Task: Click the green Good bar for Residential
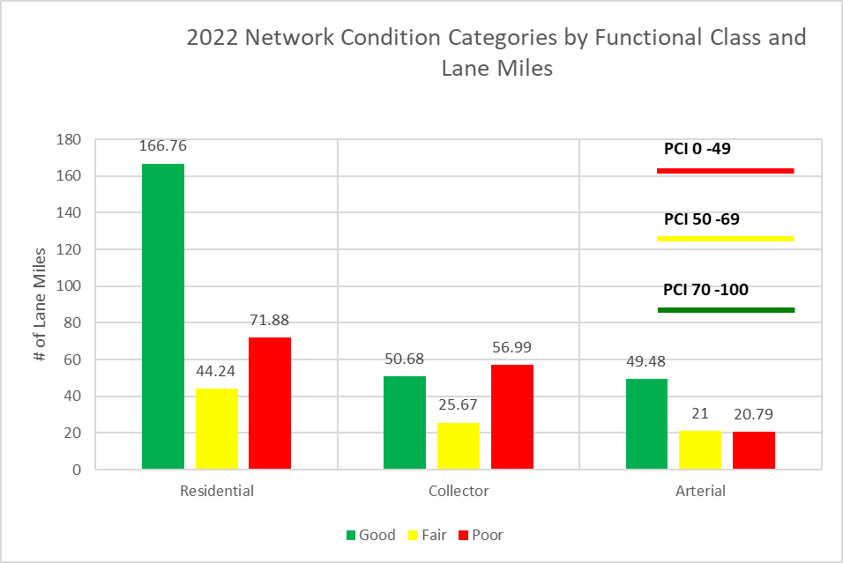[x=163, y=316]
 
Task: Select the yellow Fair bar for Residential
[x=217, y=429]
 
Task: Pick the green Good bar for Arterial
[x=646, y=424]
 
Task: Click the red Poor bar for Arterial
[x=754, y=450]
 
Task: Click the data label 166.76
[x=163, y=146]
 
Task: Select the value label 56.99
[x=512, y=347]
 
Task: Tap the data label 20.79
[x=755, y=414]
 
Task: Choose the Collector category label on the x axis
[x=459, y=491]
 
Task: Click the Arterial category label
[x=701, y=491]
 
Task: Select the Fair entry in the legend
[x=426, y=535]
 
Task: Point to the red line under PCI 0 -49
[x=726, y=171]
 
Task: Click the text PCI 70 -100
[x=706, y=289]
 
